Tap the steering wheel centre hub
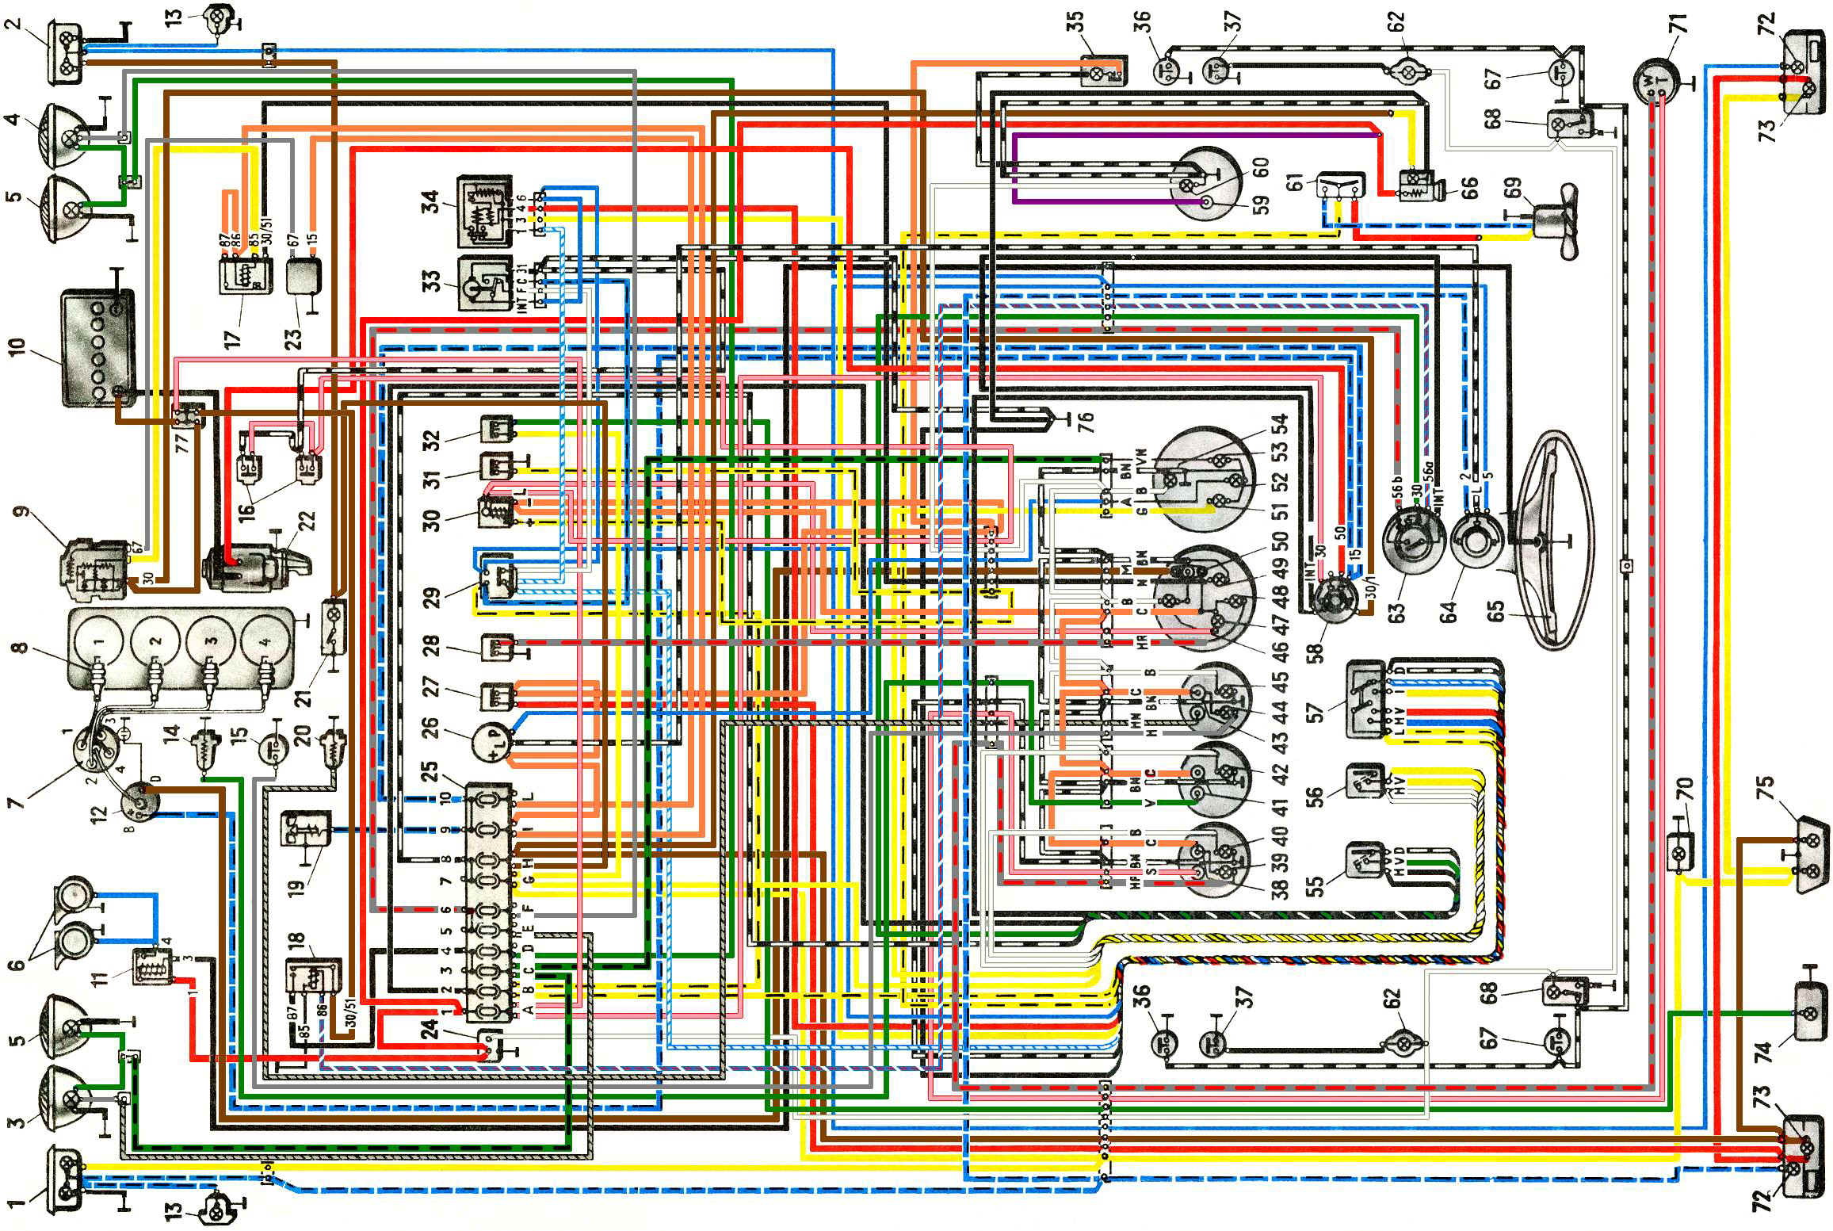1537,541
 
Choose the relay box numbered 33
483,284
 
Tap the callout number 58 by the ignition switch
1315,651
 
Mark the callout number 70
1684,792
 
